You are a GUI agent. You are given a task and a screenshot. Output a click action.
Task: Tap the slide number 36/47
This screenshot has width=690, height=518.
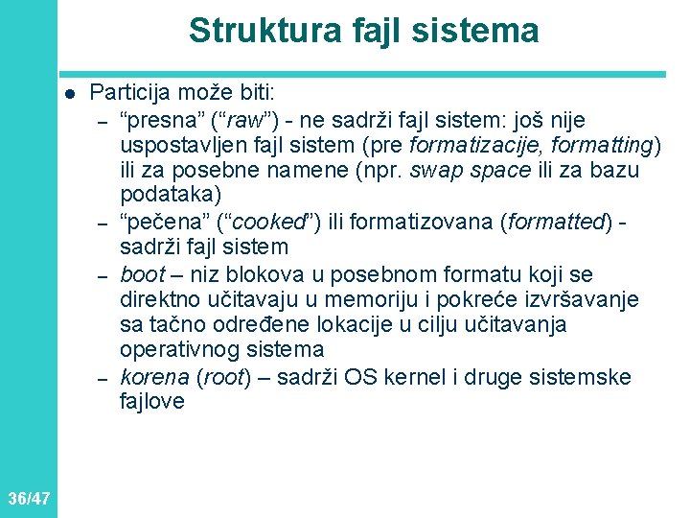pyautogui.click(x=28, y=498)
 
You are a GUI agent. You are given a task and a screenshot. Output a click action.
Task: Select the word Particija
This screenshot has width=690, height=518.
pyautogui.click(x=128, y=94)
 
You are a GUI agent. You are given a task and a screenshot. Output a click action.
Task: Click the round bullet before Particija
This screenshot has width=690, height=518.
pyautogui.click(x=69, y=94)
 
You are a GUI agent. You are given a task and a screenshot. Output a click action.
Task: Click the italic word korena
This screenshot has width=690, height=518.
pyautogui.click(x=154, y=377)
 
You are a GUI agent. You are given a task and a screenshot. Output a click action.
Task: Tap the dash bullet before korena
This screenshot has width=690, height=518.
pyautogui.click(x=100, y=377)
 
